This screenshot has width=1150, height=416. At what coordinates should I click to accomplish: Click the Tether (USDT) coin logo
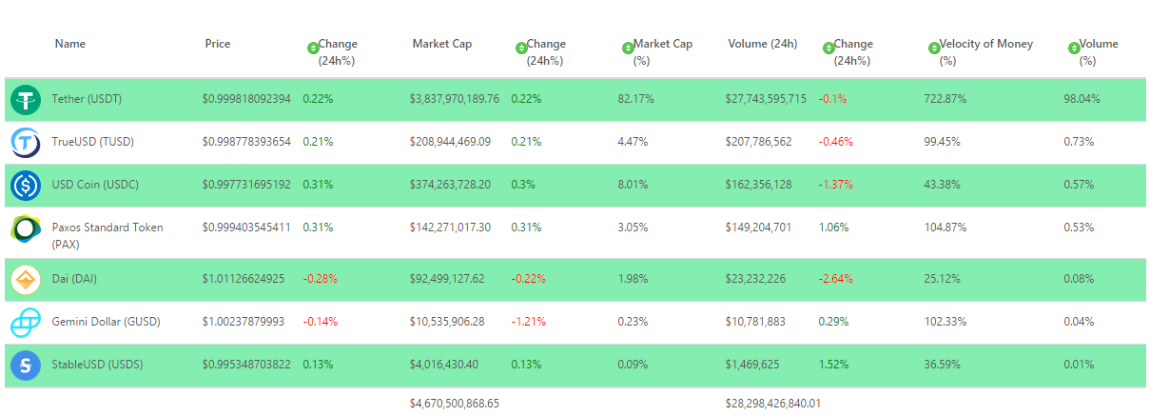tap(26, 99)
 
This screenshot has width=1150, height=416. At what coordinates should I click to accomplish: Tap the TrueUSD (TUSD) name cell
tap(92, 142)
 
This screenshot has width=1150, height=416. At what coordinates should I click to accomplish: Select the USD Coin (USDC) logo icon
tap(26, 185)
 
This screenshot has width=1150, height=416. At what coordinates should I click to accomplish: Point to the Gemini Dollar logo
tap(26, 322)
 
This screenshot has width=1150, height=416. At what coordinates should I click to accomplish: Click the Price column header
tap(217, 44)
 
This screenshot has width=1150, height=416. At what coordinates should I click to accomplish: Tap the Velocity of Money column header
tap(985, 45)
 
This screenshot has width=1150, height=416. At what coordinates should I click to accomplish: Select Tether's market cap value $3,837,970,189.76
tap(454, 99)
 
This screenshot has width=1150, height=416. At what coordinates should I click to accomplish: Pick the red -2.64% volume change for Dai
tap(835, 279)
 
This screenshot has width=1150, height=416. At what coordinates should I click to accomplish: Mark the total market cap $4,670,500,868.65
tap(454, 403)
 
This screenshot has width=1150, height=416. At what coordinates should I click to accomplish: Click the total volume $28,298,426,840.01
tap(772, 403)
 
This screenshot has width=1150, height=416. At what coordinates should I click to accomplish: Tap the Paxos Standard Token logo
tap(26, 229)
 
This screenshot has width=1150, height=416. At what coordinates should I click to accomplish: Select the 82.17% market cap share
tap(633, 99)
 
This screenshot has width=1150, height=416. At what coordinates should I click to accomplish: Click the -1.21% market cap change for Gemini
tap(528, 322)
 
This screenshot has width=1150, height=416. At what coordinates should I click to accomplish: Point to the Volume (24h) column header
tap(762, 44)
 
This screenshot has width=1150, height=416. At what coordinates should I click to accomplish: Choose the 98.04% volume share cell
tap(1082, 99)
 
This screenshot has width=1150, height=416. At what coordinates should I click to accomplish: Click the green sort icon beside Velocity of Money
tap(932, 48)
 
